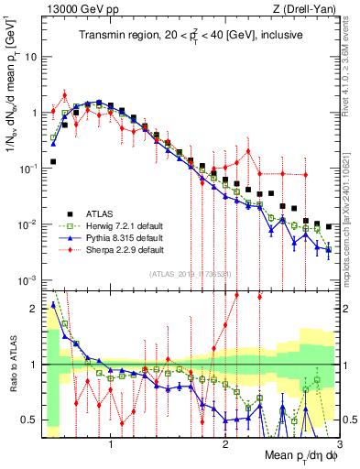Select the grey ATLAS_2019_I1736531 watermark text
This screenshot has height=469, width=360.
coord(189,274)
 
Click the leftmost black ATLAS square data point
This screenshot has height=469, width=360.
coord(53,161)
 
